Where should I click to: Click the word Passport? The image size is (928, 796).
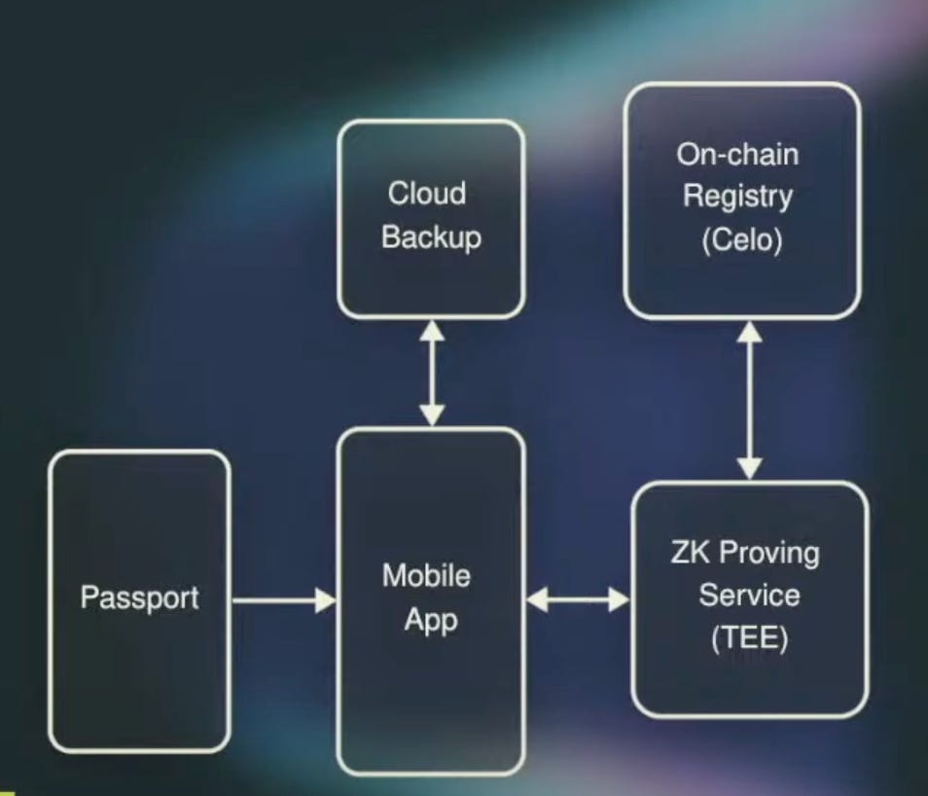(139, 597)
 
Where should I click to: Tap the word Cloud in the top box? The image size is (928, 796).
(427, 193)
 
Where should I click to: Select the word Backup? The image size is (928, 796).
(431, 237)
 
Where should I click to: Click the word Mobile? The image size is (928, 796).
(426, 575)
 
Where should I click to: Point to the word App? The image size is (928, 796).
(430, 621)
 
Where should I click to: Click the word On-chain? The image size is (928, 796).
(737, 154)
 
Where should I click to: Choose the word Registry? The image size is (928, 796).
(737, 197)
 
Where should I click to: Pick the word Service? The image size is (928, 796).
(749, 596)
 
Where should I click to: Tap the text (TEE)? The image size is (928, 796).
(749, 640)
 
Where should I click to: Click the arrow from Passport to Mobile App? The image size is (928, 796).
(282, 600)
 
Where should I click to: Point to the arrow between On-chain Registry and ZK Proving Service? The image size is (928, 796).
(749, 399)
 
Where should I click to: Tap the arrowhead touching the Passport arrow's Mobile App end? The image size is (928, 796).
(325, 600)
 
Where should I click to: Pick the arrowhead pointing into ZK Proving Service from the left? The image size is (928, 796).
(620, 600)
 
